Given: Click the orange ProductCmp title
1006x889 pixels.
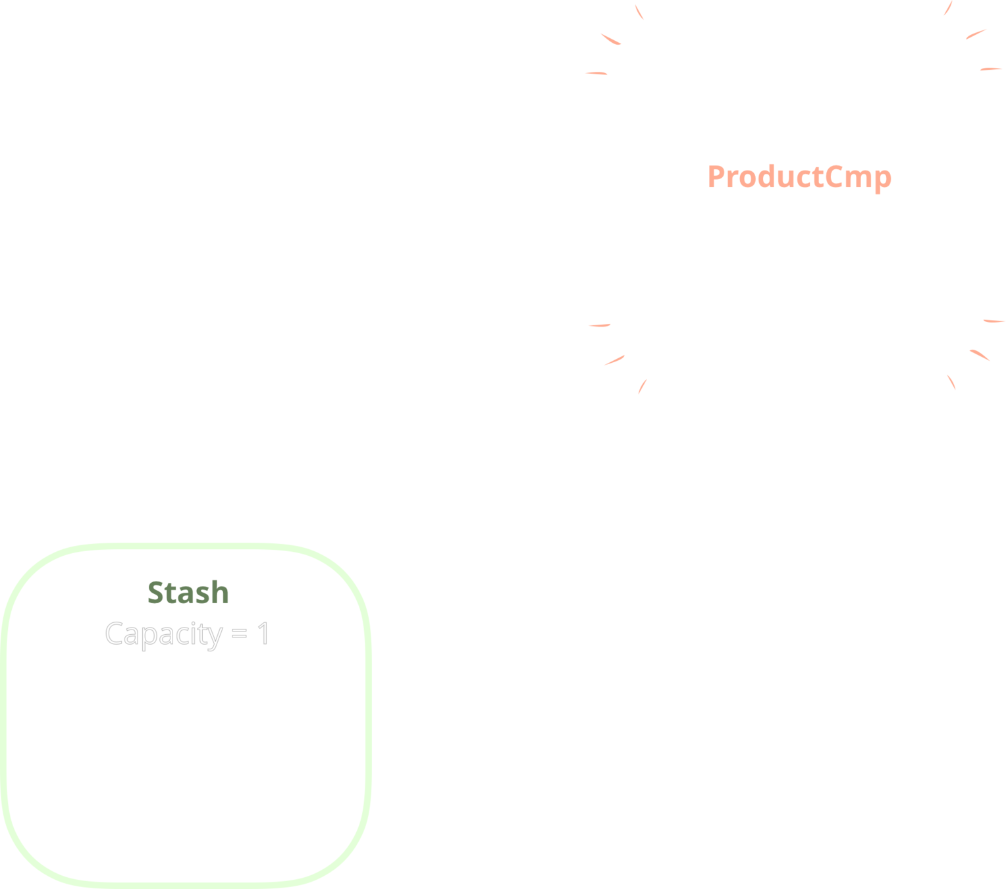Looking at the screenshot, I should point(799,176).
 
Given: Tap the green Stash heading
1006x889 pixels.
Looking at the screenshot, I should point(188,593).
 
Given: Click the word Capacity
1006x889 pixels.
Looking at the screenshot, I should point(164,634).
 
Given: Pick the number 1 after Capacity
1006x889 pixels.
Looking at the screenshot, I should point(263,634).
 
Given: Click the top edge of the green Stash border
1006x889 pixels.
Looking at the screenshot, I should point(188,547).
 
